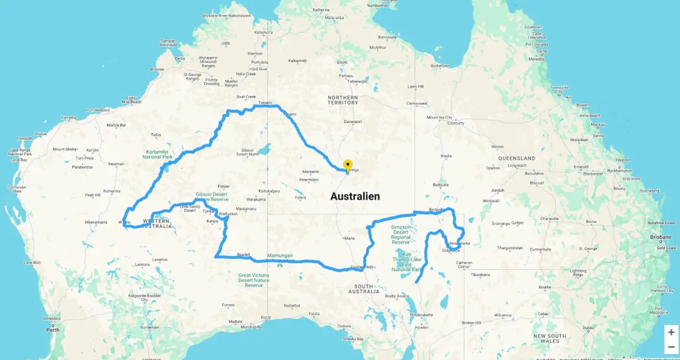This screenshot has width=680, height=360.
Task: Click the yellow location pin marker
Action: click(348, 165)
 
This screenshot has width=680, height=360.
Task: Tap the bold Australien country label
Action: click(355, 197)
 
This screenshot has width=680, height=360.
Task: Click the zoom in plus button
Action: click(671, 332)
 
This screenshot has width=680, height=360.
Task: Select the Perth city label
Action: click(53, 329)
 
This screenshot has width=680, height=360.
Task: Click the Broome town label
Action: click(157, 69)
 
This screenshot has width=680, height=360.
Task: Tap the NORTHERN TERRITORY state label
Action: click(343, 100)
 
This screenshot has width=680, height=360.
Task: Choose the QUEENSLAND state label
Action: click(516, 158)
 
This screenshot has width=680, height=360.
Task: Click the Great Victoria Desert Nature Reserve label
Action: click(254, 280)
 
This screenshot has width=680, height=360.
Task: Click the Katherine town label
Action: click(321, 10)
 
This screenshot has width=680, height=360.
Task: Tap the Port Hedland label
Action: click(97, 110)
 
